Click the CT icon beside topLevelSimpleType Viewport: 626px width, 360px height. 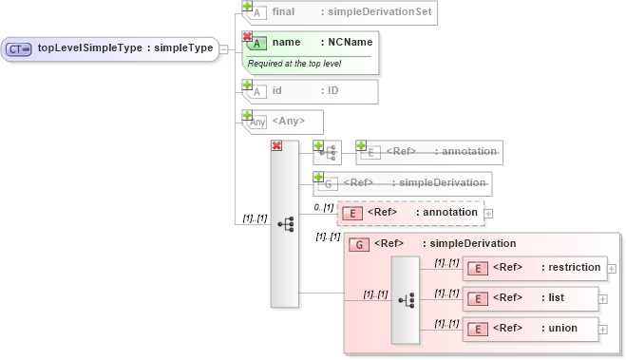pos(19,48)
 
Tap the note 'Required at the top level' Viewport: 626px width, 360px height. pos(294,64)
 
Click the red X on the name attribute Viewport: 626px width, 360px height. pos(247,36)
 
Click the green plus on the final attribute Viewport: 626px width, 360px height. pos(247,6)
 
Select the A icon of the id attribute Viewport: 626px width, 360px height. pos(256,92)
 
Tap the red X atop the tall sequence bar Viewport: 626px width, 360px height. pos(276,145)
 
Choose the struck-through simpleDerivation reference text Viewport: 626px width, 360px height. pos(442,182)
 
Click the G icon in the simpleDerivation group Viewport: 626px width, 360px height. pos(360,245)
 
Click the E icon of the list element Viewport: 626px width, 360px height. pos(480,298)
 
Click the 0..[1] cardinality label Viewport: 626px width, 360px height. pos(323,207)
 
